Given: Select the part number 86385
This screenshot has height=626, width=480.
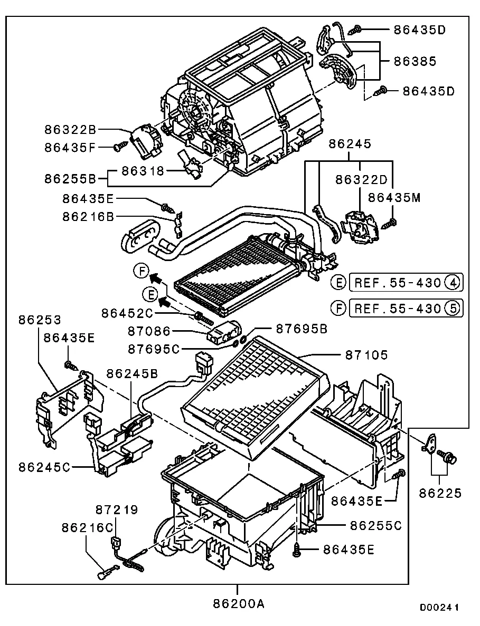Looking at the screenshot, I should tap(415, 61).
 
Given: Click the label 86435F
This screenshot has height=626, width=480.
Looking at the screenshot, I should tap(70, 148).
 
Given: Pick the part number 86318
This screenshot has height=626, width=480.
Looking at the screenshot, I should tap(144, 170).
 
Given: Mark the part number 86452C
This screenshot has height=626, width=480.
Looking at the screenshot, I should tap(127, 313).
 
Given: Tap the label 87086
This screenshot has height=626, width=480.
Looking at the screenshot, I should tap(149, 331).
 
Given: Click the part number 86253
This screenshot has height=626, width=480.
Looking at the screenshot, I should tap(40, 320).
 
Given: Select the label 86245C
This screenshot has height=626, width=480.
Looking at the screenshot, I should tap(44, 467).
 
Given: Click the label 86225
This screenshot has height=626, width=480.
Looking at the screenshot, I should tap(440, 493).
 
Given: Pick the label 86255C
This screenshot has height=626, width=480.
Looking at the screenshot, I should tap(376, 525).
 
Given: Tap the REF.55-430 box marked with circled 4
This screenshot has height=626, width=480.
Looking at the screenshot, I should tap(406, 283).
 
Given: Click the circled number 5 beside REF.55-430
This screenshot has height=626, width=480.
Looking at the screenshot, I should tap(453, 308).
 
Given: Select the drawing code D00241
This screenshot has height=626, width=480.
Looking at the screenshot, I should tap(439, 608).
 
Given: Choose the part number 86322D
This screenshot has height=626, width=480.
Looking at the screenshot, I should tap(362, 179).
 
